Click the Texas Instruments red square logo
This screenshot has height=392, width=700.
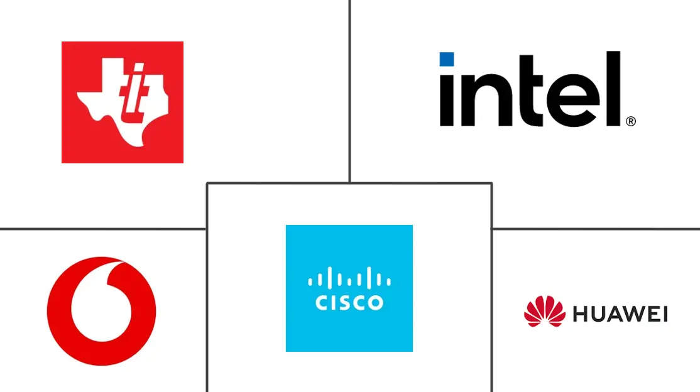coord(123,102)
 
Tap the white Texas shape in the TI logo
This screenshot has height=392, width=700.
coord(123,102)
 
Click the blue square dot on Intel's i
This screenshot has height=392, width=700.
coord(447,60)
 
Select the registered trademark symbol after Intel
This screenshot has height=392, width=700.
coord(631,121)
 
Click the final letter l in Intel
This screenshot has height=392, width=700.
coord(614,89)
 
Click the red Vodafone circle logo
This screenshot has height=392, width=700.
coord(101,311)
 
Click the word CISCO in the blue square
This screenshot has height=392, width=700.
coord(349,303)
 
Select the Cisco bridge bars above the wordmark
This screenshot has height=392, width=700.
coord(349,277)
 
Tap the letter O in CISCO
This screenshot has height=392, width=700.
coord(375,303)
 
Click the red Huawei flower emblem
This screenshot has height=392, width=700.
coord(545,311)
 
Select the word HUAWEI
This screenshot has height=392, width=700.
coord(620,314)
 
